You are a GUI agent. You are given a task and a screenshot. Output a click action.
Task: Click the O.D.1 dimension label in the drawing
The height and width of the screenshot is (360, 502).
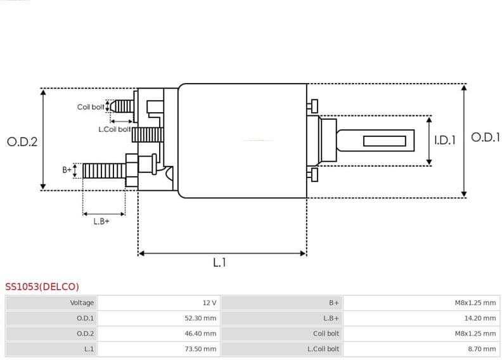tap(486, 138)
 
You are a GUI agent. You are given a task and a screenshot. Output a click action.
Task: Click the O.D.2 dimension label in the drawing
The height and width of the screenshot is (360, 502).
tap(22, 142)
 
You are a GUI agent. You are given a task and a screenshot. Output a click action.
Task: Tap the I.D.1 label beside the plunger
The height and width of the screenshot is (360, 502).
tap(444, 140)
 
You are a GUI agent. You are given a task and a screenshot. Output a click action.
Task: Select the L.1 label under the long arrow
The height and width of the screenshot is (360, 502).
tap(219, 262)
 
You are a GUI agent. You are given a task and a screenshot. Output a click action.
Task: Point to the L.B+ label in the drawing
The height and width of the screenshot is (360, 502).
tap(101, 221)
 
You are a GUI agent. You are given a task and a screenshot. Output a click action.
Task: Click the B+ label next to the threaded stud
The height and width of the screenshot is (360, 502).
tap(67, 170)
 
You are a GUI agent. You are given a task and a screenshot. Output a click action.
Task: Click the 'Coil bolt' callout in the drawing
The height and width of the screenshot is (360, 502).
tap(91, 107)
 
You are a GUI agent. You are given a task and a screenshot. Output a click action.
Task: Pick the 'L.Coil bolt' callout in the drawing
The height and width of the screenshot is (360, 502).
tap(114, 129)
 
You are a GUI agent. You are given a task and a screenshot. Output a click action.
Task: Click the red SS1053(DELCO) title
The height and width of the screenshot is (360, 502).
tap(42, 286)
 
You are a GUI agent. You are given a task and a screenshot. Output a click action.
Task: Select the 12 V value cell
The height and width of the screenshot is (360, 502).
tap(209, 303)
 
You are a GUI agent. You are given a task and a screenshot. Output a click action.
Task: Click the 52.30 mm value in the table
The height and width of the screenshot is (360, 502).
tap(200, 318)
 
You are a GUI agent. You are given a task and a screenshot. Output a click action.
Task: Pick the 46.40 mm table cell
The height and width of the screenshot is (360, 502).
tap(200, 333)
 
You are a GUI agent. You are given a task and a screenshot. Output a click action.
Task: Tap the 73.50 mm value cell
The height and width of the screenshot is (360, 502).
tap(200, 349)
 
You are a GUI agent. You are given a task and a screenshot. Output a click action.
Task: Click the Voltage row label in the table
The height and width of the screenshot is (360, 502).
tap(82, 303)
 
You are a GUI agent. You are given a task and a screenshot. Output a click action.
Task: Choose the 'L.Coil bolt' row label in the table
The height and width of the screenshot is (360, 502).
tap(323, 349)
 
